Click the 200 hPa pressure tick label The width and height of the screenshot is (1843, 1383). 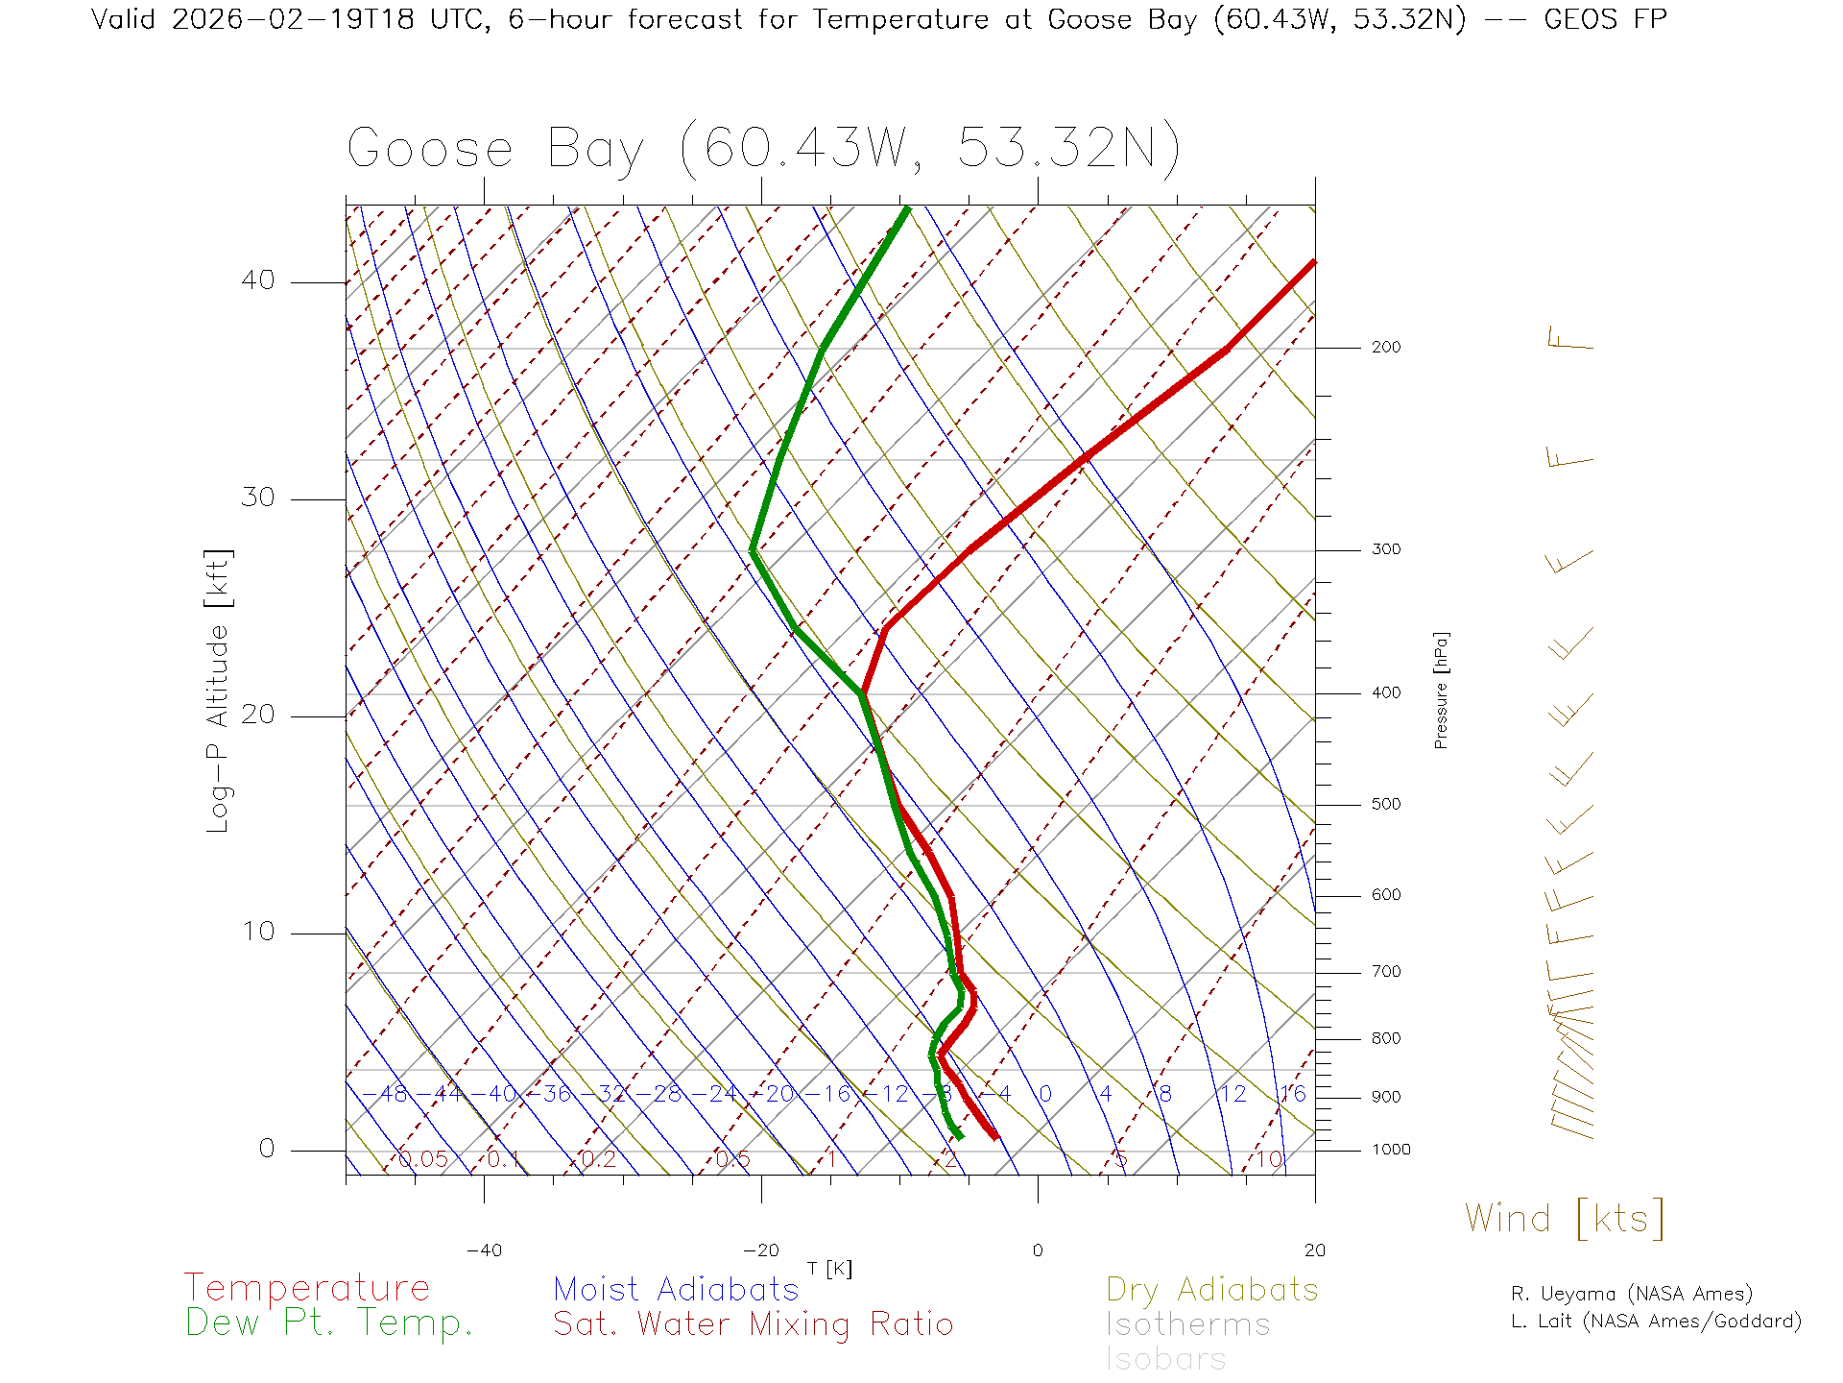pos(1385,347)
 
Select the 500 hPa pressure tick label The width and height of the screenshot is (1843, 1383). pos(1385,804)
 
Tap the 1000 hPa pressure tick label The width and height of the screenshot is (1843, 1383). pos(1391,1150)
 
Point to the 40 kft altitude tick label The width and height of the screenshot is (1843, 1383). pos(257,280)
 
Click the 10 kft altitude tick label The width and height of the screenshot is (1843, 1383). pos(257,932)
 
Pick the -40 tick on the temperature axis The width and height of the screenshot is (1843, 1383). pos(484,1250)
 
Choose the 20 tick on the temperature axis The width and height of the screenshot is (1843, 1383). pos(1314,1250)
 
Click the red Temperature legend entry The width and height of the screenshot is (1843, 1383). pos(307,1288)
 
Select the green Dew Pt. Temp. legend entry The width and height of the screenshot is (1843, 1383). pos(329,1323)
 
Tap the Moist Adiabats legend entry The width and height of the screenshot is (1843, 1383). pos(676,1289)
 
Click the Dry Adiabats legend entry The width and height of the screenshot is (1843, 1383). pos(1211,1289)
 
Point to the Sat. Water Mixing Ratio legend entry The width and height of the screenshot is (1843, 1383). pos(753,1324)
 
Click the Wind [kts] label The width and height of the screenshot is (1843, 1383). pos(1564,1218)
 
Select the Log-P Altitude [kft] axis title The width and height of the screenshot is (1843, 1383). pos(219,691)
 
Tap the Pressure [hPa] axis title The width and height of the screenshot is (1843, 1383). pos(1441,691)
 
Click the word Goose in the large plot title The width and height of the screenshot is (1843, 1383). pos(430,150)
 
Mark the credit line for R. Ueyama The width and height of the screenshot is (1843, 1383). pos(1631,1294)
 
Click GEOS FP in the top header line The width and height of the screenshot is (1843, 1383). pos(1605,19)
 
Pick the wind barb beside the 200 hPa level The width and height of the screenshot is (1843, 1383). pos(1569,340)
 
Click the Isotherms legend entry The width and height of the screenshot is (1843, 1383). pos(1187,1324)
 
